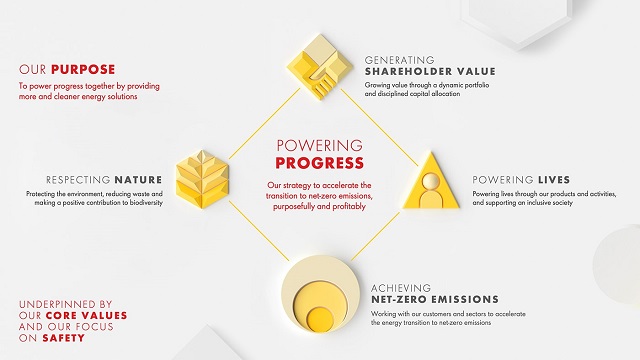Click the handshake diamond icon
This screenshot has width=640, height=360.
pyautogui.click(x=320, y=67)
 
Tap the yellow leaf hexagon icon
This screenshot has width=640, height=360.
pyautogui.click(x=202, y=179)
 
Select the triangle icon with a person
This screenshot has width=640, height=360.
pyautogui.click(x=431, y=181)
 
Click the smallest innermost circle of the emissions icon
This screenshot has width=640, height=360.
pyautogui.click(x=320, y=318)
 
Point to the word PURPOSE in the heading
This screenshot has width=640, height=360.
pyautogui.click(x=83, y=69)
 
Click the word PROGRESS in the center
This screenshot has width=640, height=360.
pyautogui.click(x=320, y=163)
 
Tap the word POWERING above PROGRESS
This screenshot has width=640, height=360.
pyautogui.click(x=320, y=145)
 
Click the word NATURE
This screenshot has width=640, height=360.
pyautogui.click(x=138, y=180)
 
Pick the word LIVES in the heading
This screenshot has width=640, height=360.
pyautogui.click(x=554, y=180)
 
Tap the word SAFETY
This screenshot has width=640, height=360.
pyautogui.click(x=64, y=338)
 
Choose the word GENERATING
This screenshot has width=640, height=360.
pyautogui.click(x=399, y=60)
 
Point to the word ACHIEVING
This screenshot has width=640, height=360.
pyautogui.click(x=401, y=288)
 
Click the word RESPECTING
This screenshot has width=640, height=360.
pyautogui.click(x=78, y=180)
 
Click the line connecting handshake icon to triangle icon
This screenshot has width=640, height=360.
pyautogui.click(x=379, y=127)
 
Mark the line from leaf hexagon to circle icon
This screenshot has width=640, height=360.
pyautogui.click(x=259, y=231)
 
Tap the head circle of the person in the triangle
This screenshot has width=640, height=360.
pyautogui.click(x=431, y=181)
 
